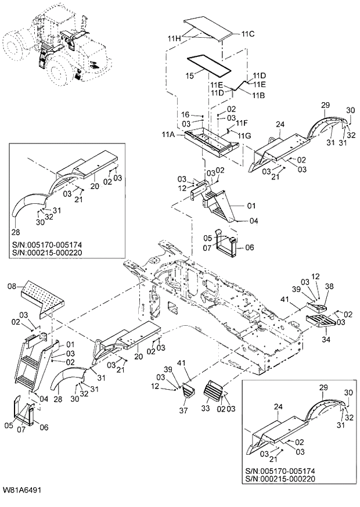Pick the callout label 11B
(x=258, y=94)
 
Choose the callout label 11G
(x=244, y=135)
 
